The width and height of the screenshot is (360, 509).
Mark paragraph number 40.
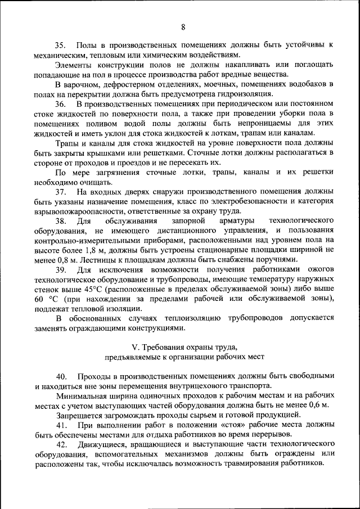point(61,376)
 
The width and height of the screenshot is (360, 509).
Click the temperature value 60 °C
point(46,300)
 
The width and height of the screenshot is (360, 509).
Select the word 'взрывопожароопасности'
point(77,212)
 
